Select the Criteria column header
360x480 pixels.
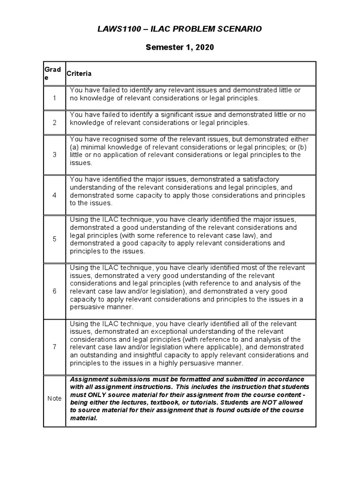(79, 74)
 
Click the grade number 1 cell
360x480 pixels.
(54, 98)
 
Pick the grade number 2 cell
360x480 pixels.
(54, 122)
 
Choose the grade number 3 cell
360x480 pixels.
(54, 155)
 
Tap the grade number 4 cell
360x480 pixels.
(54, 195)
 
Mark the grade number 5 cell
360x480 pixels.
(54, 239)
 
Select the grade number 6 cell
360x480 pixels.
(54, 291)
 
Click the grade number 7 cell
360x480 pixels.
(54, 347)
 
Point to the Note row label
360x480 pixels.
(54, 398)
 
